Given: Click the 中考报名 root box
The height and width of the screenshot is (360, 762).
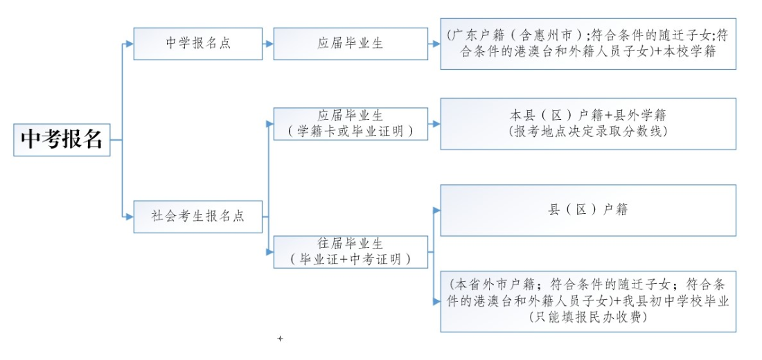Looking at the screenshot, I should [62, 140].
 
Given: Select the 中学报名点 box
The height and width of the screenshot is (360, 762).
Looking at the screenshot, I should [197, 44].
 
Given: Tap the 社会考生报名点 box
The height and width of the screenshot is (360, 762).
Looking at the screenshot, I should [197, 216].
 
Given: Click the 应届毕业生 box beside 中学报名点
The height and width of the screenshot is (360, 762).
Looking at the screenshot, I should [351, 44].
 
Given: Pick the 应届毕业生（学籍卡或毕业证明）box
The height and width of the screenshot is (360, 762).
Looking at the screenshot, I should [351, 123].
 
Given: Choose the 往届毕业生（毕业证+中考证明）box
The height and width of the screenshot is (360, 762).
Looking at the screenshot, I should [351, 252].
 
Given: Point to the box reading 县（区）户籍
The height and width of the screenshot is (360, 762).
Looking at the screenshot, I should [588, 210].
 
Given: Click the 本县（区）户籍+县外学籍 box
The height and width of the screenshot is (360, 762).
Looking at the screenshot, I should [588, 123].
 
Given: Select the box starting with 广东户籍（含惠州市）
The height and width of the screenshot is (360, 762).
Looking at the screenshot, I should [588, 44].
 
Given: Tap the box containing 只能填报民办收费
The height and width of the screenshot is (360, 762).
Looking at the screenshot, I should [588, 301].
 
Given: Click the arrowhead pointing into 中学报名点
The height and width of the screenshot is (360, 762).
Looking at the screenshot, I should [129, 44].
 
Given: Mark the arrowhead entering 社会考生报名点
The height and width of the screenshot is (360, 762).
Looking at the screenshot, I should [129, 217].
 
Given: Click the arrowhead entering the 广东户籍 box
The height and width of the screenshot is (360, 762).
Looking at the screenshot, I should [436, 44].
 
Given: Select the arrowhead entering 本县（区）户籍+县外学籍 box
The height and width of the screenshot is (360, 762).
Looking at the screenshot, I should [436, 124].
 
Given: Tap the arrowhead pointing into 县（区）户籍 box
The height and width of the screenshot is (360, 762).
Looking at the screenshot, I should [436, 210].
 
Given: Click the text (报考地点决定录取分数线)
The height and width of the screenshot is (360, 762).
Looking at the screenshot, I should [588, 131].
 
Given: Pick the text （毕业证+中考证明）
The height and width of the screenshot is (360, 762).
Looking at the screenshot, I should [351, 260].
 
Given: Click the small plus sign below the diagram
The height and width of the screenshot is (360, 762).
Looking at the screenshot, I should [280, 339].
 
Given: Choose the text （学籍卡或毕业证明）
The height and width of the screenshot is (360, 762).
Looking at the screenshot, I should [351, 131].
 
